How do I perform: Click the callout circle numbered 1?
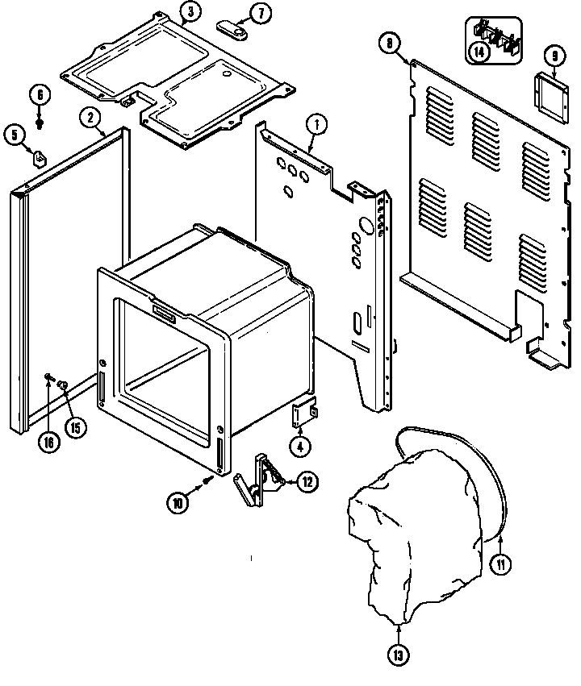coord(316,124)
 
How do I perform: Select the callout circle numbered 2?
coord(91,118)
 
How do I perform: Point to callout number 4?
coord(299,446)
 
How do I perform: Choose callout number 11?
coord(500,564)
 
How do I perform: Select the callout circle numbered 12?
coord(307,482)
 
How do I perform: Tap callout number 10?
coord(178,501)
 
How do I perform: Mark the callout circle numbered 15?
coord(75,427)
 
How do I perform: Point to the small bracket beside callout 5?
coord(38,156)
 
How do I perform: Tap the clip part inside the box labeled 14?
coord(493,36)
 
